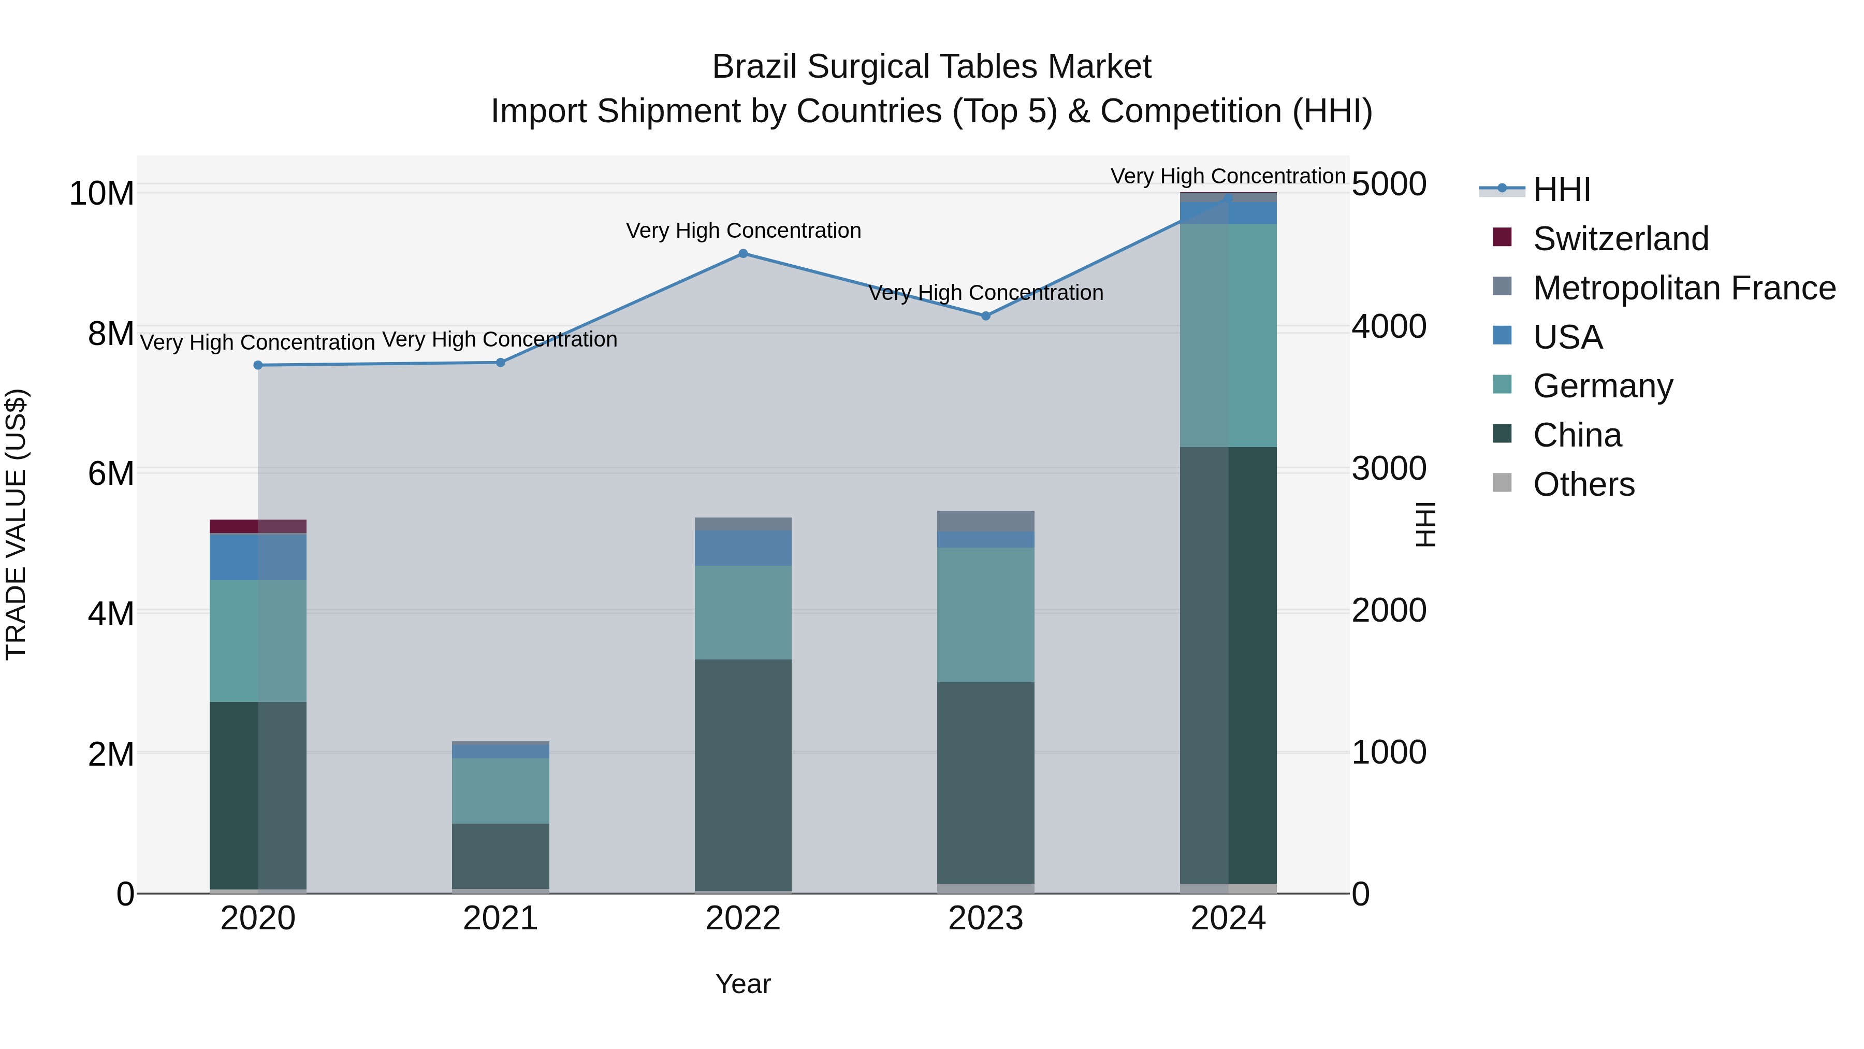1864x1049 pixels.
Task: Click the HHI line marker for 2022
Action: point(742,253)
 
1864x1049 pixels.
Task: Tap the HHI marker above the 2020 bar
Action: point(258,365)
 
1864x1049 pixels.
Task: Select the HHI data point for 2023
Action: point(985,315)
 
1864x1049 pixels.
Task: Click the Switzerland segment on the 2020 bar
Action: point(258,526)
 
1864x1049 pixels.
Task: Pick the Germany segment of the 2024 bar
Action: point(1228,335)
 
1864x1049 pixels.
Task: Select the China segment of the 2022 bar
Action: point(742,774)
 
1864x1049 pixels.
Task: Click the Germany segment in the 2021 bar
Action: point(500,791)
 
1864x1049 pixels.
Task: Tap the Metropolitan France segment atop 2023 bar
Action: point(985,521)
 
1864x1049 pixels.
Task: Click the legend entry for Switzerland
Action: point(1620,239)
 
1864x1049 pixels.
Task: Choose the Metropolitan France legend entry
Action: point(1683,288)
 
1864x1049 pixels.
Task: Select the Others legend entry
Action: point(1583,484)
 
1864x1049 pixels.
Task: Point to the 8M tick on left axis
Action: point(111,334)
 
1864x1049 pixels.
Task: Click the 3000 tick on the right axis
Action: point(1389,468)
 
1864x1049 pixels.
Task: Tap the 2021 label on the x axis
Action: point(500,918)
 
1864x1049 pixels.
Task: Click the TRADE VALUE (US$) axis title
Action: point(16,524)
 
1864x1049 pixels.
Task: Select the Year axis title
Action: point(742,984)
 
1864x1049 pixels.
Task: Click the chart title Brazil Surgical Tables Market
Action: point(931,67)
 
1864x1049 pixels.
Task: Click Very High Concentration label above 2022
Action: point(742,230)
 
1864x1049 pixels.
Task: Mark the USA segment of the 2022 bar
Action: point(742,548)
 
